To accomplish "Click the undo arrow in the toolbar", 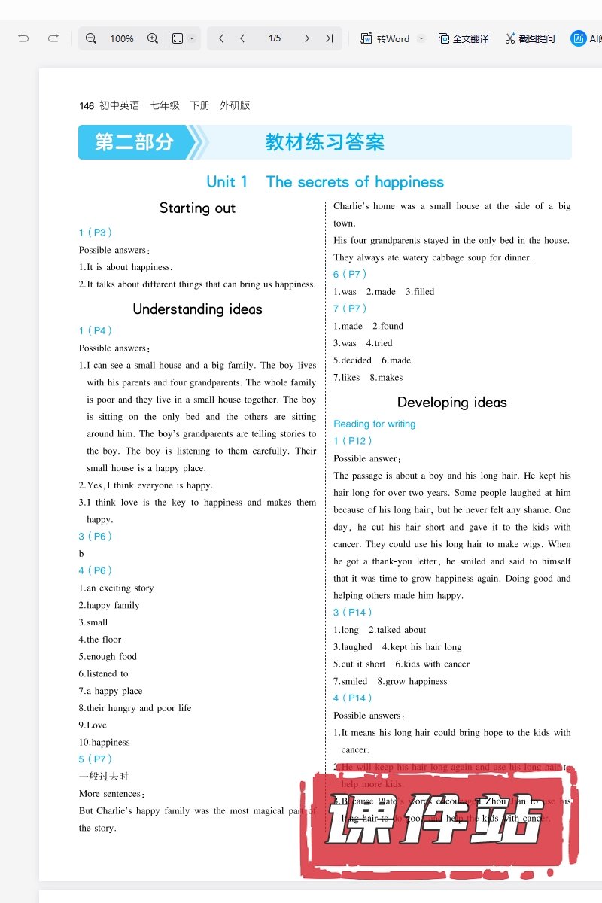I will pos(23,38).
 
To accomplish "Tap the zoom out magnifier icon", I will pos(91,38).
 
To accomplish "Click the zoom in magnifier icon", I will pos(152,38).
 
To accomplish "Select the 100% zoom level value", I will pos(122,38).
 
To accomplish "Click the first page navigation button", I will pos(220,38).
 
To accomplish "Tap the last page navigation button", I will pos(329,38).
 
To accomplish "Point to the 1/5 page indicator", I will pos(275,38).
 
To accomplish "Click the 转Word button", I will pos(385,38).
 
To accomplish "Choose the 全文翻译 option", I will pos(464,38).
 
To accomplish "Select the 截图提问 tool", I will pos(530,38).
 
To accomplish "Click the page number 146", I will pos(87,106).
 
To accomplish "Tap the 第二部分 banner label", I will pos(134,142).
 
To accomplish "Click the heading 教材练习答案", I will pos(325,142).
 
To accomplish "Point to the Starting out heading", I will pos(197,208).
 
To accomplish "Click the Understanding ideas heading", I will pos(197,309).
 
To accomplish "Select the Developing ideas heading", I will pos(451,403).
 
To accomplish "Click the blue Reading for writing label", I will pos(374,424).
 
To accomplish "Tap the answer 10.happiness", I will pos(105,743).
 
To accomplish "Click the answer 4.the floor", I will pos(100,640).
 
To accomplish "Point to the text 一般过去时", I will pos(104,777).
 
